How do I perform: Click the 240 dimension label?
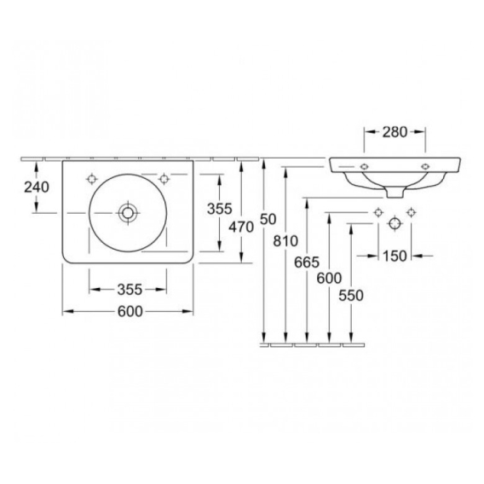point(37,187)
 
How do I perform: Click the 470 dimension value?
point(241,228)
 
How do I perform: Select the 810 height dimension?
point(285,241)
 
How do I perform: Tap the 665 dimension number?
point(307,262)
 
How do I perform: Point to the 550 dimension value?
point(351,296)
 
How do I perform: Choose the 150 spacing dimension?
point(395,256)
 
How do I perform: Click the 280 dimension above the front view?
point(395,132)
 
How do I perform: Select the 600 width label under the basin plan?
point(130,312)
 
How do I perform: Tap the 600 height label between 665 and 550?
point(329,279)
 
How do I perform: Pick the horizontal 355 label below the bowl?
point(130,290)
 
